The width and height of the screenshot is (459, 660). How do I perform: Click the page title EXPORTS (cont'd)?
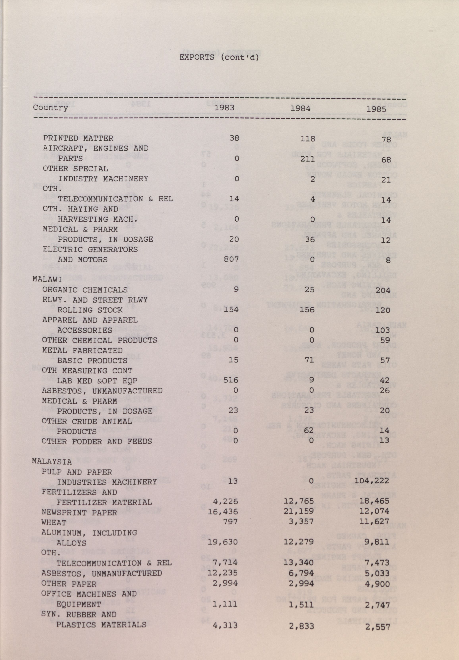[219, 57]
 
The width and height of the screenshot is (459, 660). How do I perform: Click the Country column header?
[50, 107]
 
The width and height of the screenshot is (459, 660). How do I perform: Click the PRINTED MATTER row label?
[78, 138]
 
